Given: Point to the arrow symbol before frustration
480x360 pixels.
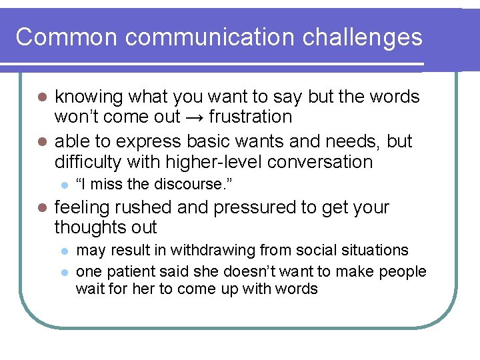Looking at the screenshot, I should (194, 117).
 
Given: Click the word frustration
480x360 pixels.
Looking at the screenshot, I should (250, 117).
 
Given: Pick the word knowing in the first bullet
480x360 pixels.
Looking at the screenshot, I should (88, 97).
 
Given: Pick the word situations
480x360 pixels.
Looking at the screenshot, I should (375, 250).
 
